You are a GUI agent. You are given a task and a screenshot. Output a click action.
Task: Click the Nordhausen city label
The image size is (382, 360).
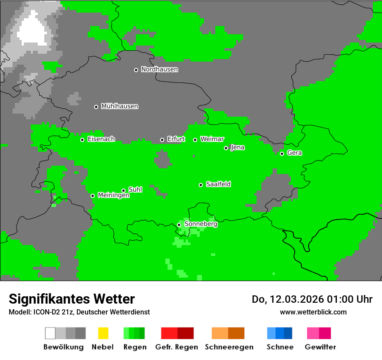[x=159, y=69]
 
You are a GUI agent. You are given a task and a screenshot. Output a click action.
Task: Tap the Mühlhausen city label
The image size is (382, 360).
[x=119, y=106]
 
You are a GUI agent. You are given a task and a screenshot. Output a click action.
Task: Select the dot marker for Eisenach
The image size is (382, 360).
[x=82, y=140]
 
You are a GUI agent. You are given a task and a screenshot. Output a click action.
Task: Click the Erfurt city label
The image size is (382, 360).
[x=176, y=139]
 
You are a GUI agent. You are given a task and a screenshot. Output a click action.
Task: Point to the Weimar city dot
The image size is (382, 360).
[x=195, y=140]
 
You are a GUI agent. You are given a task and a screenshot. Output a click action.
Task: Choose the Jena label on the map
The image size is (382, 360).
[x=237, y=147]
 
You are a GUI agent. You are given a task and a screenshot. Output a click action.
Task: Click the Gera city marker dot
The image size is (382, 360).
[x=282, y=154]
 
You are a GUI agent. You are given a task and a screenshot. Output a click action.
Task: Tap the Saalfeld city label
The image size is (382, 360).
[x=218, y=184]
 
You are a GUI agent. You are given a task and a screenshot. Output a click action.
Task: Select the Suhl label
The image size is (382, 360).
[x=135, y=190]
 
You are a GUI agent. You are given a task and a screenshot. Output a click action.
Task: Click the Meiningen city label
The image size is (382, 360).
[x=113, y=196]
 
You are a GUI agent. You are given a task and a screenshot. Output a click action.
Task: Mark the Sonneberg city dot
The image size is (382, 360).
[x=179, y=225]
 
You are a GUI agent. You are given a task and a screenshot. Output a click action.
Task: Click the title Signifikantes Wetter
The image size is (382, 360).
[x=72, y=299]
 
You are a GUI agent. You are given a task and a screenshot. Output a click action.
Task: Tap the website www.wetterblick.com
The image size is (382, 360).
[x=313, y=312]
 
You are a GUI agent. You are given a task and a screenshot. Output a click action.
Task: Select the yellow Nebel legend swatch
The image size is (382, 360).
[x=103, y=333]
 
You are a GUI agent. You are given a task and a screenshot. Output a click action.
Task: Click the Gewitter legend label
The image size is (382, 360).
[x=320, y=347]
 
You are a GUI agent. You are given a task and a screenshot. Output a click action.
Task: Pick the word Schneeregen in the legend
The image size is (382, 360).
[x=229, y=347]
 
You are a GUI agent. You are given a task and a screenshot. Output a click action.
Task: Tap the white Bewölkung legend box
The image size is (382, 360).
[x=50, y=333]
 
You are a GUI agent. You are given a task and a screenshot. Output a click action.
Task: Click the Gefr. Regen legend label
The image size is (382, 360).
[x=177, y=347]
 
